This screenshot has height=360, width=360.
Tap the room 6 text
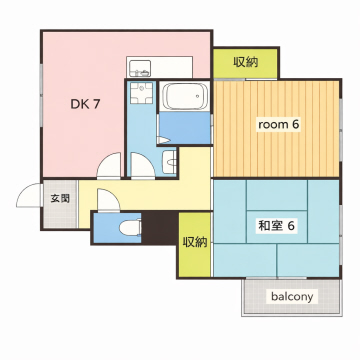click(278, 124)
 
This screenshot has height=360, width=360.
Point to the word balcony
click(291, 297)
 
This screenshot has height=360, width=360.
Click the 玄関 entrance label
click(60, 198)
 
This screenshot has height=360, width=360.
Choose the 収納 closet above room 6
click(245, 62)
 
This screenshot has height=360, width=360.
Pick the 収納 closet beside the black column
click(195, 242)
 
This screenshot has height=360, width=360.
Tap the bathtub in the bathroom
click(185, 98)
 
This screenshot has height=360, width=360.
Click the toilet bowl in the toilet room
click(127, 229)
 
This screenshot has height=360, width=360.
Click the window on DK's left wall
click(40, 100)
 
